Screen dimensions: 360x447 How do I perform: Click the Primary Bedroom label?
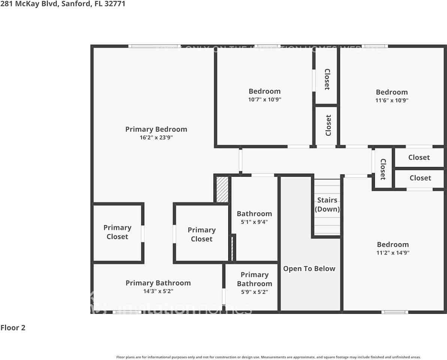(x=156, y=129)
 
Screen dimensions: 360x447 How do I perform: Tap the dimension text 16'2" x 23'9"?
(x=156, y=138)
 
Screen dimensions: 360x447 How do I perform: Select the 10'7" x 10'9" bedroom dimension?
(x=265, y=100)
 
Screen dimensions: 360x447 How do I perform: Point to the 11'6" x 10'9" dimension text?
(x=392, y=100)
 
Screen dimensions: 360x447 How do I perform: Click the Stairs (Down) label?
(x=327, y=205)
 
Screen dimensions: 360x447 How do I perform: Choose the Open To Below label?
(x=309, y=269)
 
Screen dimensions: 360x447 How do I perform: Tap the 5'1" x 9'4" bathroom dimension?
(x=254, y=222)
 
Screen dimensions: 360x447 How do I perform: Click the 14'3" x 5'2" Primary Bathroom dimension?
(x=158, y=291)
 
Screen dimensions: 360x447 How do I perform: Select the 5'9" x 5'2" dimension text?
(x=254, y=292)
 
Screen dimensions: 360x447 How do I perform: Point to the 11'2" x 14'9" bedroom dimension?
(x=393, y=253)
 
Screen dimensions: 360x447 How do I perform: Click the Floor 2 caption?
(x=13, y=328)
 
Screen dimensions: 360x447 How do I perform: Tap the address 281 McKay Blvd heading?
(x=63, y=4)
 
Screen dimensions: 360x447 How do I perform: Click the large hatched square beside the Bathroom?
(x=223, y=190)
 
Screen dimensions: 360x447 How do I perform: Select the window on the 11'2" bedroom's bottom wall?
(x=395, y=312)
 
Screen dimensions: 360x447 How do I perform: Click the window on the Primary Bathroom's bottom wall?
(x=127, y=312)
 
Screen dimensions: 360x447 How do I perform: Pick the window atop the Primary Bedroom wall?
(x=154, y=46)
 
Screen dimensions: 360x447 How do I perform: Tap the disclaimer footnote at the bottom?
(x=268, y=357)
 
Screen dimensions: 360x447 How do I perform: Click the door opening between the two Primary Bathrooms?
(x=224, y=296)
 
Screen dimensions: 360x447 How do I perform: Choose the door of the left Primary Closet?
(x=143, y=234)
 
